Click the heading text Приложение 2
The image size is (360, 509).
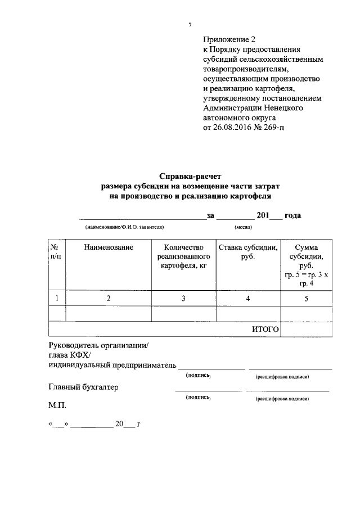[229, 40]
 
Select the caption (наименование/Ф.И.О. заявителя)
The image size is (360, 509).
[124, 228]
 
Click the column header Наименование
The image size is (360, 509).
[109, 247]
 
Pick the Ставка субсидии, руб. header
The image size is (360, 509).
[248, 252]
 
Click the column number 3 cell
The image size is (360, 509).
[183, 299]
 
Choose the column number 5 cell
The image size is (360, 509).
[306, 299]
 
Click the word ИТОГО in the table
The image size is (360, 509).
[265, 329]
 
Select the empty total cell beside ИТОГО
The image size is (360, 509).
[306, 329]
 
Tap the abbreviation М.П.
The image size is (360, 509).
[58, 405]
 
